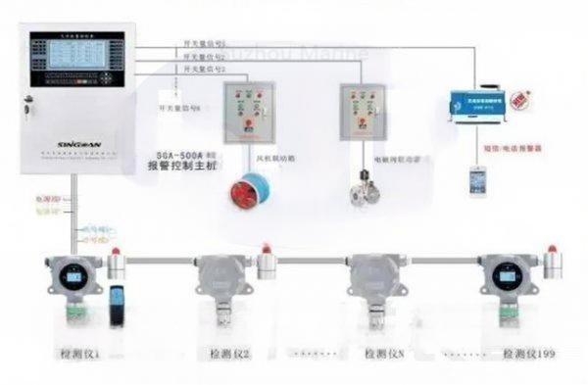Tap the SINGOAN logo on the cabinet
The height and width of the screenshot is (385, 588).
pos(61,139)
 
